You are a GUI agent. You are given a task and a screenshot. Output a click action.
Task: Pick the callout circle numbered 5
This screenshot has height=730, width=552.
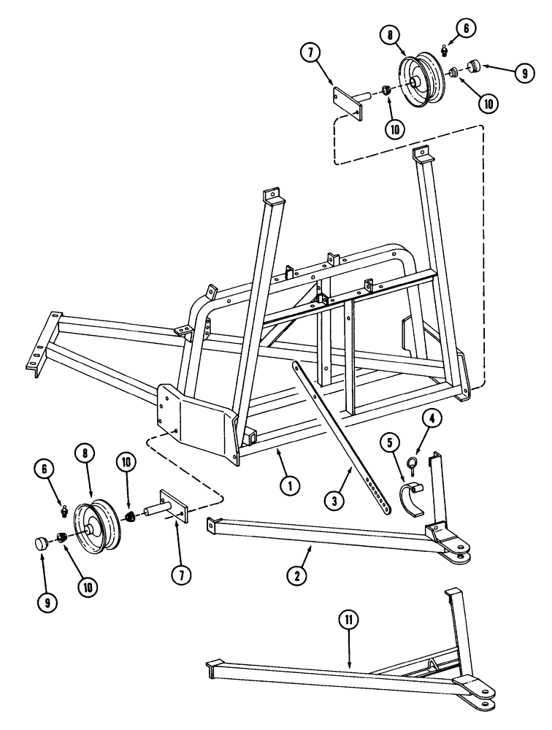point(389,442)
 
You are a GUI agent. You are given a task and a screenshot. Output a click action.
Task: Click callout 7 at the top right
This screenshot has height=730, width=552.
point(310,53)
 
